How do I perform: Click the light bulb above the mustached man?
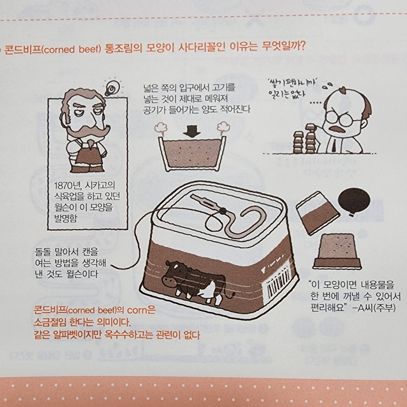click(x=112, y=88)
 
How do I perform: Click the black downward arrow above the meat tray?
click(x=192, y=131)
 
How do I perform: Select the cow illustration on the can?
click(x=197, y=282)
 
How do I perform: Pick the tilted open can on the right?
click(x=318, y=213)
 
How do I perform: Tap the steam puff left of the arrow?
click(x=161, y=128)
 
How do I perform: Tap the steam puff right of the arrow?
click(x=223, y=128)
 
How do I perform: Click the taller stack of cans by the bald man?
click(x=310, y=139)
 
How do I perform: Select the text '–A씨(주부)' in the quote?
click(x=374, y=308)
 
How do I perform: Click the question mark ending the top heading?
click(x=302, y=47)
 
